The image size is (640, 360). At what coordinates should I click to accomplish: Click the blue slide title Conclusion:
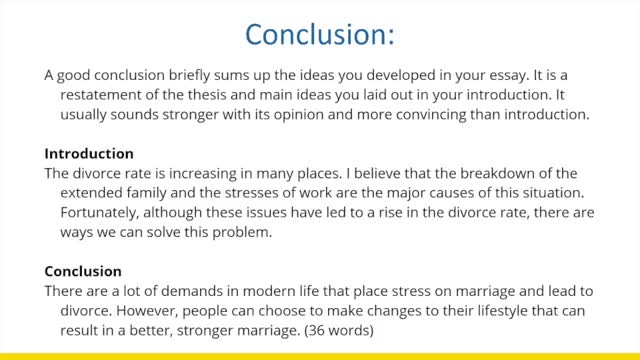(x=320, y=34)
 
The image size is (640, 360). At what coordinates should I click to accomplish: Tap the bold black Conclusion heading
(x=84, y=271)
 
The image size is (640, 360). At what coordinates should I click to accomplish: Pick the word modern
(x=240, y=289)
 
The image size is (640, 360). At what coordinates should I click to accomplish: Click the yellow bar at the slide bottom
(x=320, y=355)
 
